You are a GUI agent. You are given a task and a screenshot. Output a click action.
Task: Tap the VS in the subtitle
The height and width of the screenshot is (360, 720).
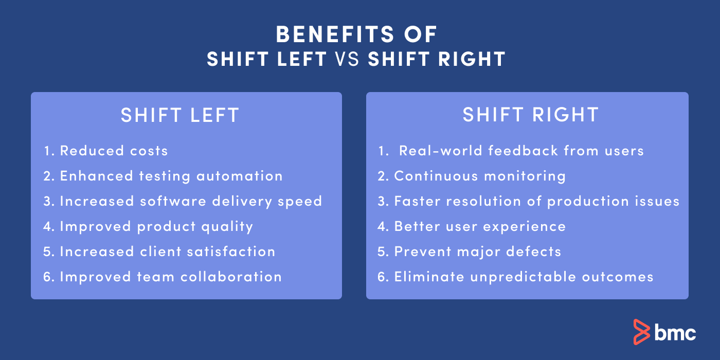point(347,59)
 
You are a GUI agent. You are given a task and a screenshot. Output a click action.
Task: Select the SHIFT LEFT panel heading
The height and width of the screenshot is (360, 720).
point(180,115)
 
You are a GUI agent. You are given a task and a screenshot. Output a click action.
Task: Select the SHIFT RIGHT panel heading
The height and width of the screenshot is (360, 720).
point(530,115)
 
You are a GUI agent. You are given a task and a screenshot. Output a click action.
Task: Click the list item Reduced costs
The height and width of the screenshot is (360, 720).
point(114,151)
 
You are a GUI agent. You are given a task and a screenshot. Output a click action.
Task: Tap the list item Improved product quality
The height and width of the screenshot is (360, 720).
point(156,226)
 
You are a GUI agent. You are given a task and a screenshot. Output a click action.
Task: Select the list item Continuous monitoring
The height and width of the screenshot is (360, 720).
point(480,176)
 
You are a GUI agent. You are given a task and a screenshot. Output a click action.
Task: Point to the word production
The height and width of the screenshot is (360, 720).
point(584,201)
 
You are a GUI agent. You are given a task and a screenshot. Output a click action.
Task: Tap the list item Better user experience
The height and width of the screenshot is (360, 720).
point(480,226)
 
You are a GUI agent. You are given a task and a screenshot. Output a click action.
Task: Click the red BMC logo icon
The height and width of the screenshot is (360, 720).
point(641,332)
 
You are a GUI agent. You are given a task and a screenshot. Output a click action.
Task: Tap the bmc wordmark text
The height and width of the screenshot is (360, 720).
point(675,332)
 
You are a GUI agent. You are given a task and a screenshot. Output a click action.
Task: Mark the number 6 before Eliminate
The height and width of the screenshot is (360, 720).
point(381,277)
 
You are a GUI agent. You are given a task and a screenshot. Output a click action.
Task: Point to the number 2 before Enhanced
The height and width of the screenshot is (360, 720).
point(47,176)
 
